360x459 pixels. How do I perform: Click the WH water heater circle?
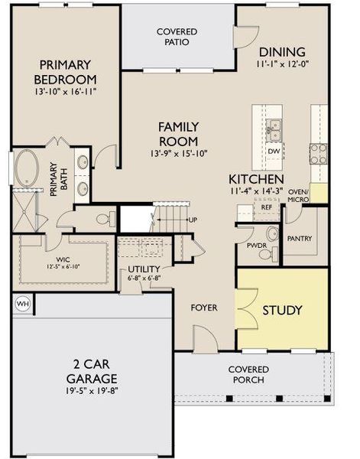pos(22,304)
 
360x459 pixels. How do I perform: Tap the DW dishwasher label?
pos(274,151)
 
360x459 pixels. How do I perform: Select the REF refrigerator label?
pos(267,207)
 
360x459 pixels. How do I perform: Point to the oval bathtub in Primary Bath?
pos(30,166)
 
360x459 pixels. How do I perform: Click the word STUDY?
pos(282,311)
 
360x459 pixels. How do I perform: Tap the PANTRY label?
pos(299,239)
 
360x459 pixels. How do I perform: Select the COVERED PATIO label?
pos(177,37)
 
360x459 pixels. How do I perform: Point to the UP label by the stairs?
pos(193,220)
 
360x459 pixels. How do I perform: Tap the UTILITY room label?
pos(143,269)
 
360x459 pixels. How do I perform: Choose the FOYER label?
pos(203,308)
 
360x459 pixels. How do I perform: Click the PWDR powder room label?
pos(255,246)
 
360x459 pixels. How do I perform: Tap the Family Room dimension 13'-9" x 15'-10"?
pos(178,155)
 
